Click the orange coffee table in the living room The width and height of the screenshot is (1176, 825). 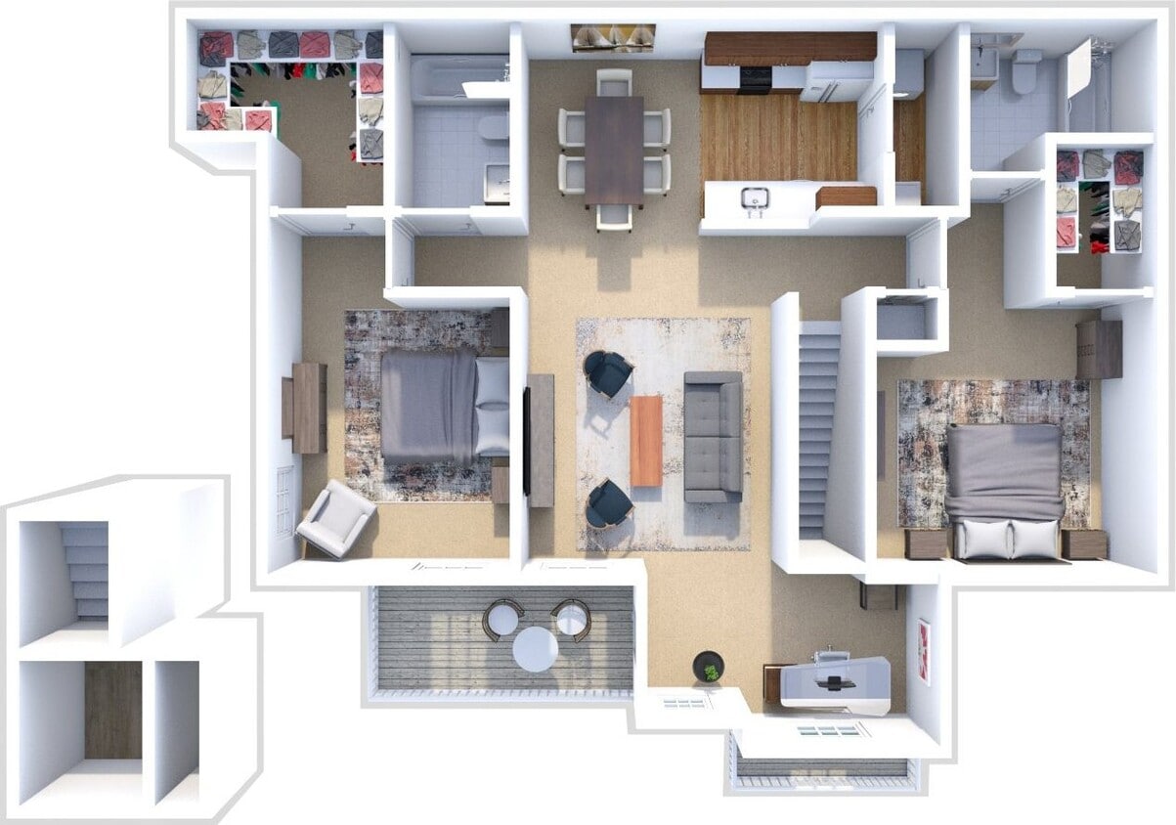(x=645, y=440)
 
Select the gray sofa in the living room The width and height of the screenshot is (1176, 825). (x=713, y=436)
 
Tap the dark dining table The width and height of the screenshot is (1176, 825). (x=614, y=150)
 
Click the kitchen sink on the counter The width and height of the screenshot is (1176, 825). (x=753, y=198)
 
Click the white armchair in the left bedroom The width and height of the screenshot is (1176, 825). (x=334, y=518)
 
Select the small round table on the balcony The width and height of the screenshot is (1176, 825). (x=536, y=648)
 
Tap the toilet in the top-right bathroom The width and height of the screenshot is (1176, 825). (x=1025, y=70)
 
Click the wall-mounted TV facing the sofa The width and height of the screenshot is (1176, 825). (x=527, y=440)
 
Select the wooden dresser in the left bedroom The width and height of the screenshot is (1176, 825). (x=308, y=408)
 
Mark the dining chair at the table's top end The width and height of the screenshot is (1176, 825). (x=614, y=82)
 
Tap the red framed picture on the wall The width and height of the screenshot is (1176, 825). (x=924, y=651)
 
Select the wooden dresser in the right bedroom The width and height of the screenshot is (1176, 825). (x=1099, y=349)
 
